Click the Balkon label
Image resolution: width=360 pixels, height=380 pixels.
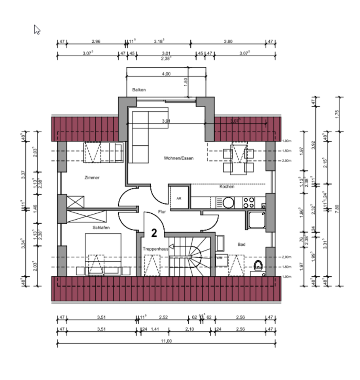(x=139, y=90)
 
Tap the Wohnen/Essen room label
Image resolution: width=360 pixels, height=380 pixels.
(x=178, y=158)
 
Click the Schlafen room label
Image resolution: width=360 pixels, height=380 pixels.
(x=101, y=228)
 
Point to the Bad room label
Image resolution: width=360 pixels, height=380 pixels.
(x=241, y=245)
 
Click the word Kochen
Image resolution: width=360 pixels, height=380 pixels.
(x=227, y=186)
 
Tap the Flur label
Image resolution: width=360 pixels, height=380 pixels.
(x=162, y=212)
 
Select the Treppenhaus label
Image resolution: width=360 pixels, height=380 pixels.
(x=155, y=249)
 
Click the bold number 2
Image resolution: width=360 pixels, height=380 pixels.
(x=154, y=233)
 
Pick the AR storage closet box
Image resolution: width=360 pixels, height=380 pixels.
(x=179, y=198)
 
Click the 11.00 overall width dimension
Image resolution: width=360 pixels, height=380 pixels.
(x=166, y=341)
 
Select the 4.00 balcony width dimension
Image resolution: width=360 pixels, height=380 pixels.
(x=166, y=74)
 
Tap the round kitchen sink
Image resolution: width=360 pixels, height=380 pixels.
(x=228, y=203)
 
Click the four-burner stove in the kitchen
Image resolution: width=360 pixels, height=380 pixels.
(x=248, y=203)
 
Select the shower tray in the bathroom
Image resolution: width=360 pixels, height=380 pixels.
(x=257, y=220)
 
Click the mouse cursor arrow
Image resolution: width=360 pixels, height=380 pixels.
(x=37, y=29)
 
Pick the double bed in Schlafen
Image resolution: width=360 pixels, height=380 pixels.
(x=103, y=253)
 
